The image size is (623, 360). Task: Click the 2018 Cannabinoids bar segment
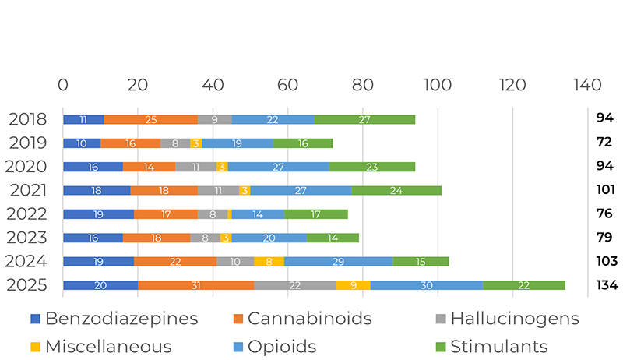[150, 119]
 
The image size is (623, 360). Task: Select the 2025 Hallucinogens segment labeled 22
[295, 285]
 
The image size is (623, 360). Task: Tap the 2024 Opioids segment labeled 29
[338, 262]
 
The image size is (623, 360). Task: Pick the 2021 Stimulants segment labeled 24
[396, 190]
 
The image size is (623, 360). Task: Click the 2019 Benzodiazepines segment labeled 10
[82, 143]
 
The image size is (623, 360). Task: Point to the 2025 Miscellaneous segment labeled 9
[354, 285]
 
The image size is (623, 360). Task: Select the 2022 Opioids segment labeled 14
[258, 214]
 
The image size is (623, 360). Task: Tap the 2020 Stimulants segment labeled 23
[371, 167]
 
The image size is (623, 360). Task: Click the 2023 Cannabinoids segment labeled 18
[157, 238]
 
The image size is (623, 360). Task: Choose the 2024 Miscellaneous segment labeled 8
[269, 262]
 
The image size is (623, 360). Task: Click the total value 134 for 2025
[606, 285]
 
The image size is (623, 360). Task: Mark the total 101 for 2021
[606, 190]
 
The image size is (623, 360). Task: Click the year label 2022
[27, 214]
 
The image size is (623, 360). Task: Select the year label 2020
[27, 167]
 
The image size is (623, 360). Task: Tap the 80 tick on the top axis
[362, 84]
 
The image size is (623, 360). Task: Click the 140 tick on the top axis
[586, 84]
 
